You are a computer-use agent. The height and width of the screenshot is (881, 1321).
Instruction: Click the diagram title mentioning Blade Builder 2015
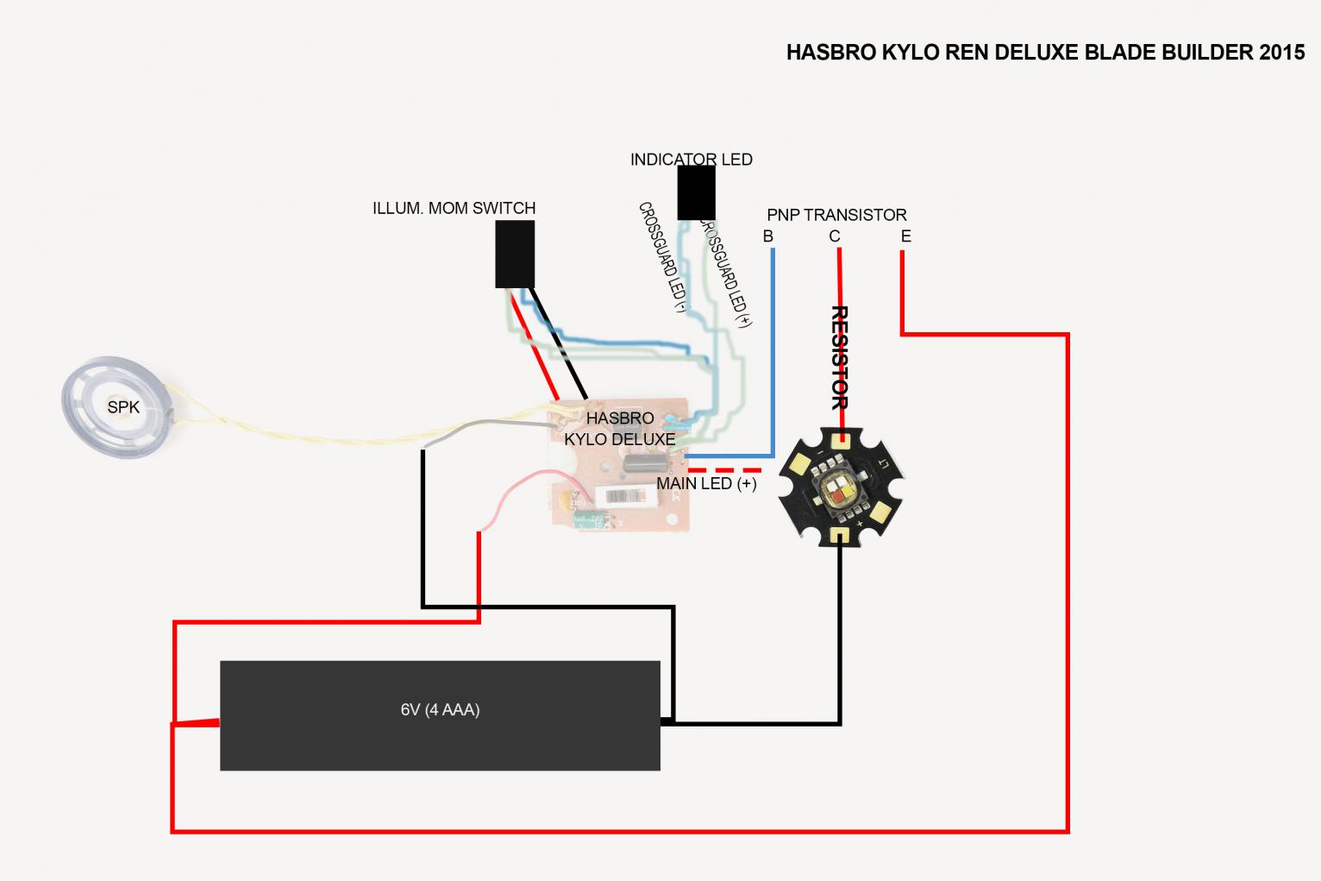pyautogui.click(x=1045, y=53)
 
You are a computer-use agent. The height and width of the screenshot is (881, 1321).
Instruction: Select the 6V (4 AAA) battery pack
pyautogui.click(x=440, y=714)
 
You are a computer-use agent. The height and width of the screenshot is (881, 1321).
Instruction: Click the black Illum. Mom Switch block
pyautogui.click(x=515, y=254)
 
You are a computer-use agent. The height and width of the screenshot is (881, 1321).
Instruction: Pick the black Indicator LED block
pyautogui.click(x=696, y=192)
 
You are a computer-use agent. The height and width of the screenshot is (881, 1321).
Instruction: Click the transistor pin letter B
pyautogui.click(x=768, y=236)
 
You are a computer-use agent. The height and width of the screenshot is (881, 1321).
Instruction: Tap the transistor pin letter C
pyautogui.click(x=835, y=236)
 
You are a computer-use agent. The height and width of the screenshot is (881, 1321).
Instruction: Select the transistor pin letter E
pyautogui.click(x=905, y=236)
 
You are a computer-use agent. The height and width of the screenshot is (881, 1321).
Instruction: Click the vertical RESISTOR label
pyautogui.click(x=839, y=357)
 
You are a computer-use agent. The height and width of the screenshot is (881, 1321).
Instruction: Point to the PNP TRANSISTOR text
pyautogui.click(x=836, y=215)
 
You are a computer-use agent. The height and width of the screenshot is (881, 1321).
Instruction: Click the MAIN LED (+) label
pyautogui.click(x=706, y=483)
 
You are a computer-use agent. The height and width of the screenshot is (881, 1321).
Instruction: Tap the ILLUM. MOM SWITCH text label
pyautogui.click(x=454, y=208)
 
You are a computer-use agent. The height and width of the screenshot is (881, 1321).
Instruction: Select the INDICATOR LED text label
pyautogui.click(x=691, y=160)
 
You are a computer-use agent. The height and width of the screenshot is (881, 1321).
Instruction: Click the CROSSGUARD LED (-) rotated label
pyautogui.click(x=661, y=256)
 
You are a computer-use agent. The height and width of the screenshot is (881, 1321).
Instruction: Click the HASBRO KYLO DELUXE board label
pyautogui.click(x=619, y=429)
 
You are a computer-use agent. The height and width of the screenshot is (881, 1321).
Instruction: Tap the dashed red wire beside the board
pyautogui.click(x=724, y=470)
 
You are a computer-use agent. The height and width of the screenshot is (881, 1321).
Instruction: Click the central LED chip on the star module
pyautogui.click(x=839, y=491)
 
